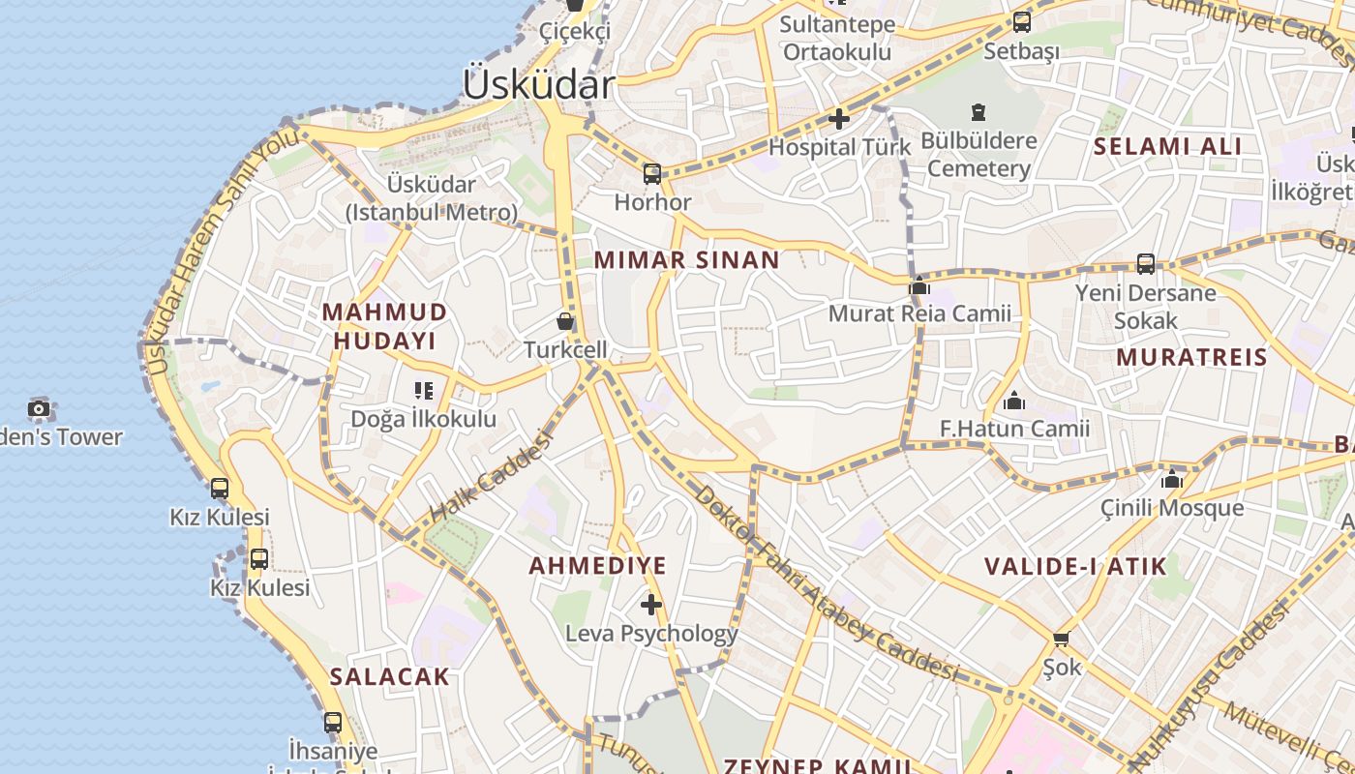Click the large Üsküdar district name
(538, 84)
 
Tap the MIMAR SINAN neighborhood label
(686, 259)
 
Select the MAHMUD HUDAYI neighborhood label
(384, 326)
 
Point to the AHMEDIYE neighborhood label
(597, 565)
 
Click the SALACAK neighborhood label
(389, 676)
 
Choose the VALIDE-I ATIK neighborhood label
(1075, 566)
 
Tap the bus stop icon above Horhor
(652, 174)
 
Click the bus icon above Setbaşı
(1022, 22)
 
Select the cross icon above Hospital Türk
(839, 119)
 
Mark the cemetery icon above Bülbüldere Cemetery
(979, 113)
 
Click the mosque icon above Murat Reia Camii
(919, 285)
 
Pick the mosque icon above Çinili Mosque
(1172, 479)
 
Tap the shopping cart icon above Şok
(1061, 639)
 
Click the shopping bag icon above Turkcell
(565, 320)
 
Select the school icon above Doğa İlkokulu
(423, 391)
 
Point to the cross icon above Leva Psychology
(651, 605)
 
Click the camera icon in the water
(39, 408)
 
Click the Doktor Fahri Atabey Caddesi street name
(825, 582)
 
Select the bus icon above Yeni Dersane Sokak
(1145, 263)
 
